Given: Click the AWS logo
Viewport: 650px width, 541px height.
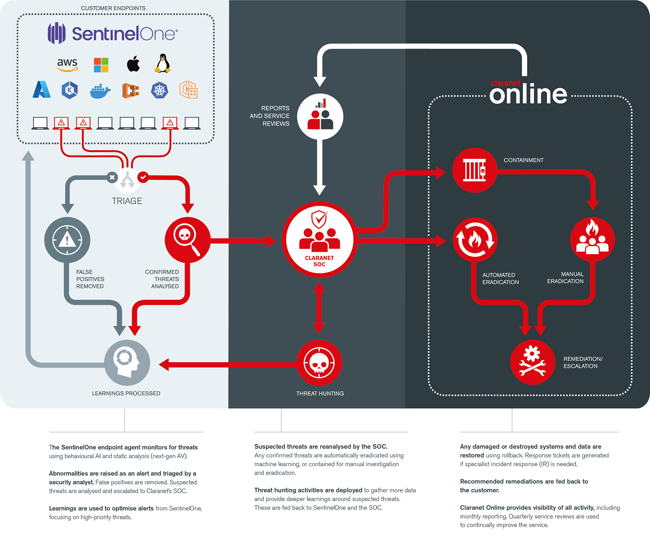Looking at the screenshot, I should pyautogui.click(x=67, y=64).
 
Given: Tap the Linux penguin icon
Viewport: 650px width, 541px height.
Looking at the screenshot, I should pyautogui.click(x=163, y=63).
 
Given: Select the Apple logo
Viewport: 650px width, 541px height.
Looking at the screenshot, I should pyautogui.click(x=133, y=64).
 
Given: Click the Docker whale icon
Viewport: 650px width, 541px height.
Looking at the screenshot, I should pyautogui.click(x=100, y=91).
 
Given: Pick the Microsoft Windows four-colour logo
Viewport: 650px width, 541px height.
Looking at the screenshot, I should pyautogui.click(x=101, y=65).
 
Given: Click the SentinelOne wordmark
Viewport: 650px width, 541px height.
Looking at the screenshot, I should pyautogui.click(x=124, y=34).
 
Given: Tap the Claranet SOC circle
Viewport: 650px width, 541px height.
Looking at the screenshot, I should pyautogui.click(x=319, y=240).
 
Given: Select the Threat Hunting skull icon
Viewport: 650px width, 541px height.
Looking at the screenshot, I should pyautogui.click(x=319, y=363).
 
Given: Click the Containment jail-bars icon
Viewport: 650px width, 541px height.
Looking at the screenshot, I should pyautogui.click(x=475, y=170).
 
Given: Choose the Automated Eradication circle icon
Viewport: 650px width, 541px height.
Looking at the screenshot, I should pyautogui.click(x=475, y=240).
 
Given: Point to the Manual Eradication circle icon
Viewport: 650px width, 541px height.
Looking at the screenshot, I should pyautogui.click(x=592, y=240).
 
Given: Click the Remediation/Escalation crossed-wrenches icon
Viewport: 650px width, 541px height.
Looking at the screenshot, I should pyautogui.click(x=533, y=362).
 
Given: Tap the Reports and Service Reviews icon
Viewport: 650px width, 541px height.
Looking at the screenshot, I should pyautogui.click(x=320, y=117).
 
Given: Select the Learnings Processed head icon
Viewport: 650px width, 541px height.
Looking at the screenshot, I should pyautogui.click(x=127, y=362).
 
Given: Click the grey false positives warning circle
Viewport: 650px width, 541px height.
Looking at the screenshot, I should pyautogui.click(x=67, y=240).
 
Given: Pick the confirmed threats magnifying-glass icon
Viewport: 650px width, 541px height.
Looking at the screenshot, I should pyautogui.click(x=187, y=240).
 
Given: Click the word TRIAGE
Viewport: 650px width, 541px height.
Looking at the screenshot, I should pyautogui.click(x=127, y=201).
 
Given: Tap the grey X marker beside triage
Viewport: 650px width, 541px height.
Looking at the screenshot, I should pyautogui.click(x=112, y=177).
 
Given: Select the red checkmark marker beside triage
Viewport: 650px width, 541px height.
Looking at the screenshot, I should pyautogui.click(x=143, y=177).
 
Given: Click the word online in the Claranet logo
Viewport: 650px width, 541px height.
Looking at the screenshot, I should pyautogui.click(x=528, y=94).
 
